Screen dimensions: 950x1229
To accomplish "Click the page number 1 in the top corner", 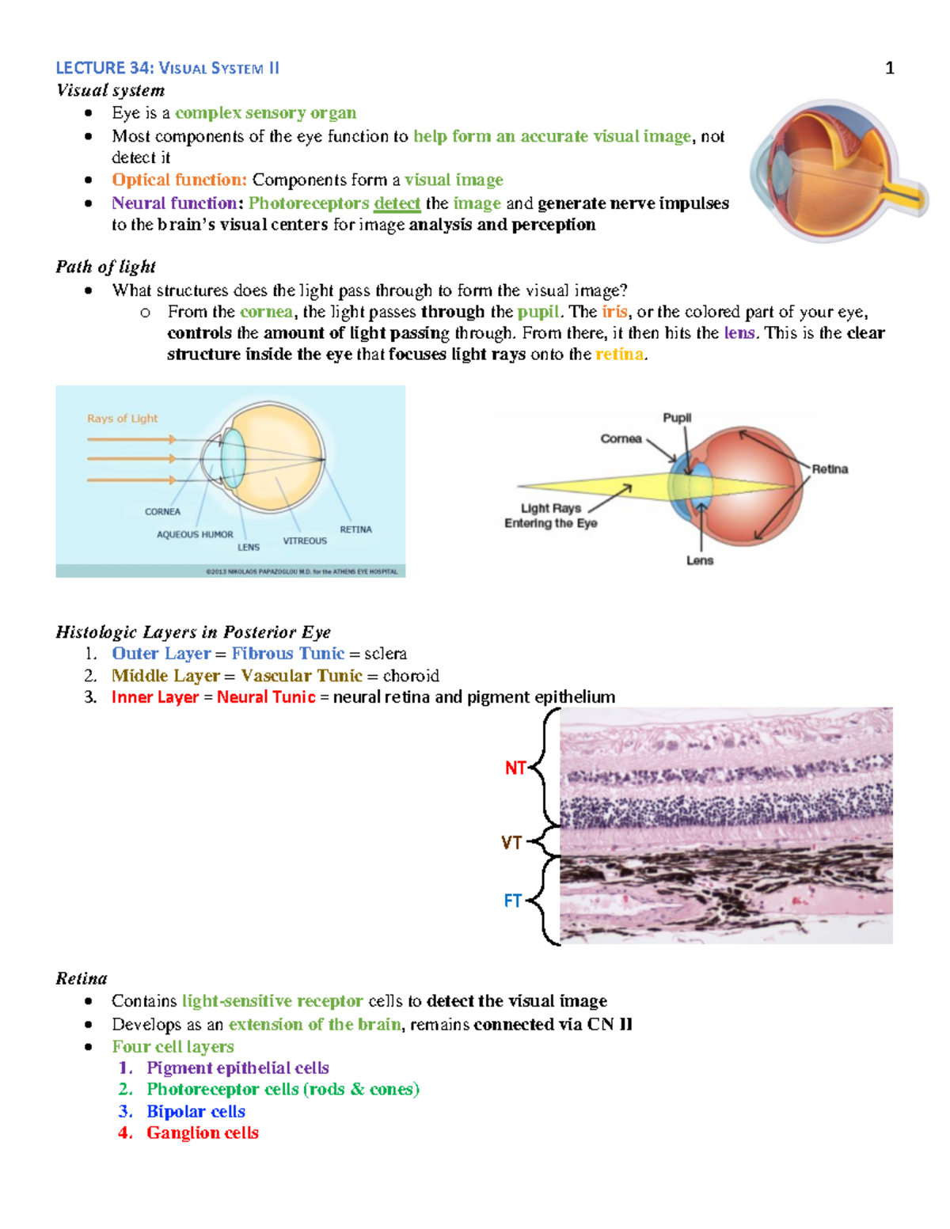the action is point(889,68).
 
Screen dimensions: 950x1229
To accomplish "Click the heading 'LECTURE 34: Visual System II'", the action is point(167,68).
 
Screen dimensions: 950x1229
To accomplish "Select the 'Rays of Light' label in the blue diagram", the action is point(122,418).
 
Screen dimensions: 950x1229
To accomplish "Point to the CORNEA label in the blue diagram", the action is point(162,512).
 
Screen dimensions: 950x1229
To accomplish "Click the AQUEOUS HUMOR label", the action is point(195,535).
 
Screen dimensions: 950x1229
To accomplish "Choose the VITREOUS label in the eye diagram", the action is point(305,541).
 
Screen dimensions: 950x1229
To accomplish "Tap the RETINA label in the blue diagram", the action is point(355,529).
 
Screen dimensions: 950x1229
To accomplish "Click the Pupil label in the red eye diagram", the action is point(677,418).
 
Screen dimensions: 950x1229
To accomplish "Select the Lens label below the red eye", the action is point(700,560).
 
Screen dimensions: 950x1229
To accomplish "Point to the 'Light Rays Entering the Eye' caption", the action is point(551,515).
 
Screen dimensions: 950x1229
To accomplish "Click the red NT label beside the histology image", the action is point(515,768).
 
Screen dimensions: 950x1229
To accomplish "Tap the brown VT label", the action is point(511,843).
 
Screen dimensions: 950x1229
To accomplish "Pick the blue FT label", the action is point(513,901).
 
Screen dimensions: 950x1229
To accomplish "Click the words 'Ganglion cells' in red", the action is point(203,1132).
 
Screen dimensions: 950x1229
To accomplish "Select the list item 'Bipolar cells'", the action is point(196,1111).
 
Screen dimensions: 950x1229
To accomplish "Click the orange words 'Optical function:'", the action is point(179,180).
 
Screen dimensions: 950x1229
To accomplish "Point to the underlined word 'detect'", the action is point(397,203).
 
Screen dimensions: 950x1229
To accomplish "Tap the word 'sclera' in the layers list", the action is point(386,654).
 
